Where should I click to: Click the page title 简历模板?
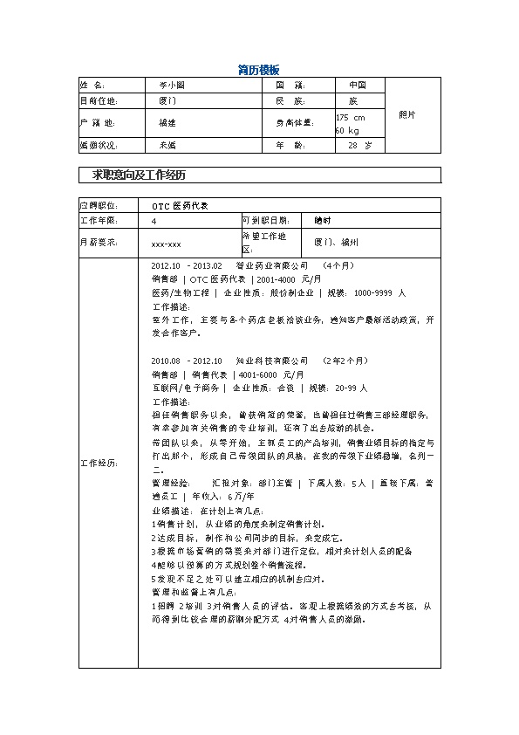pos(258,69)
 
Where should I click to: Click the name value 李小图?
pos(172,86)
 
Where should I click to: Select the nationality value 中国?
pos(357,86)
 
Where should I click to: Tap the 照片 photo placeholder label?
pos(406,114)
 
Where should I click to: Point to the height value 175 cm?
pos(351,117)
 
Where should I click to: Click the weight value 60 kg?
pos(347,130)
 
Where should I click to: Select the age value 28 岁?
pos(359,145)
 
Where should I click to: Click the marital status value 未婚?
pos(167,145)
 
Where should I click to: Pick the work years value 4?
pos(154,222)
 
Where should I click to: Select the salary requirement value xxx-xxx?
pos(166,244)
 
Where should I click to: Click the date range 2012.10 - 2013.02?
pos(188,264)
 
